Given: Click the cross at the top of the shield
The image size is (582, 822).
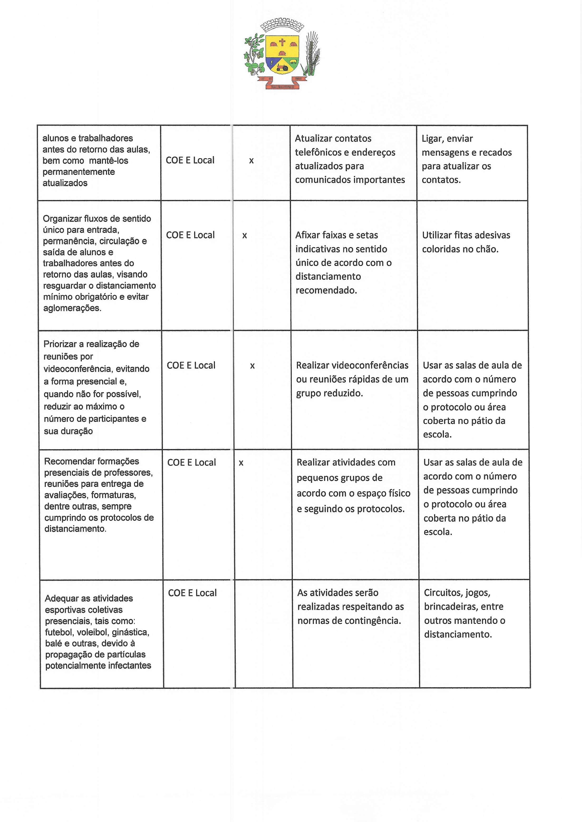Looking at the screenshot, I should [x=282, y=42].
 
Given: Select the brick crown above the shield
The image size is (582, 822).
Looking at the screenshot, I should [x=282, y=26].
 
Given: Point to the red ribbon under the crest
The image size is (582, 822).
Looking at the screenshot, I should [x=282, y=86].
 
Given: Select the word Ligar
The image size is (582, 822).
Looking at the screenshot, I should [x=432, y=139].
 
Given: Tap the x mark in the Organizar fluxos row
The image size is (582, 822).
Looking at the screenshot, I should [x=244, y=235].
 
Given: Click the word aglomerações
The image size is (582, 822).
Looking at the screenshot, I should [x=72, y=308].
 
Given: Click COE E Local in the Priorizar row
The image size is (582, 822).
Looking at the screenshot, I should [x=191, y=365].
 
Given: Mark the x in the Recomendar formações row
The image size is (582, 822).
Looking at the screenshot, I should [x=241, y=463].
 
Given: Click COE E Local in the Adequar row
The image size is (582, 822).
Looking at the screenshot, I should [x=192, y=593].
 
